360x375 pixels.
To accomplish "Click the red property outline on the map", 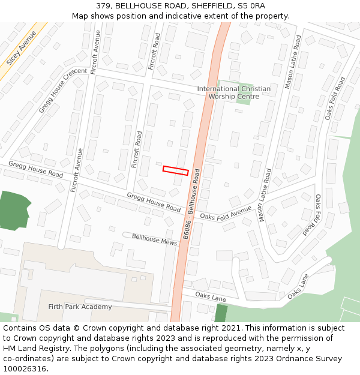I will tap(176, 170).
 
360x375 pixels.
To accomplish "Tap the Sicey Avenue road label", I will tap(21, 48).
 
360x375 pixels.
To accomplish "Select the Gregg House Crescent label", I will tap(63, 91).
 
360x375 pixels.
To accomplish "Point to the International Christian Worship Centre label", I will tap(233, 92).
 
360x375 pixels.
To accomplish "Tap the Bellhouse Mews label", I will tap(154, 239).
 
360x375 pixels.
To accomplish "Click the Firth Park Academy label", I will tap(80, 307).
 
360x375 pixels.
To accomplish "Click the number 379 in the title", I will tap(103, 5).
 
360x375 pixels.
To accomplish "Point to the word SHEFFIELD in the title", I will tap(212, 5).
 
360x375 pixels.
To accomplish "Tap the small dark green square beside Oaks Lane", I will tap(221, 313).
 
